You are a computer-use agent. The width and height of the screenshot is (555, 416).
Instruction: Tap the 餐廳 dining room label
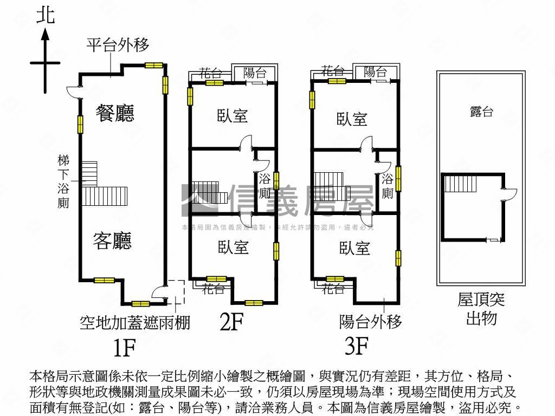[x=114, y=113]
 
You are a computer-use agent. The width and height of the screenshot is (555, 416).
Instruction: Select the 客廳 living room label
[x=112, y=240]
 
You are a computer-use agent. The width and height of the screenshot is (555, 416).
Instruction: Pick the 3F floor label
[x=356, y=345]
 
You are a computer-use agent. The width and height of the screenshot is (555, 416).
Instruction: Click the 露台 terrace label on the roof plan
[x=481, y=112]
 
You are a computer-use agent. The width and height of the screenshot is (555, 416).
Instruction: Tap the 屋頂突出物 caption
[x=481, y=309]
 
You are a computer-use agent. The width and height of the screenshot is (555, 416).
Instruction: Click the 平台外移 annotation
[x=117, y=45]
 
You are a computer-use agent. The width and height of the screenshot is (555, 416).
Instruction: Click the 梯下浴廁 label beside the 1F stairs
[x=63, y=182]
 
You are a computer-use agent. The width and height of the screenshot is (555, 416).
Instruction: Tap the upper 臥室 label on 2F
[x=233, y=115]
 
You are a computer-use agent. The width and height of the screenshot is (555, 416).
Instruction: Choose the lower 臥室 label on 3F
[x=354, y=248]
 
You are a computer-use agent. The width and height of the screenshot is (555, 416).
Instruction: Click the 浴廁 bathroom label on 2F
[x=265, y=185]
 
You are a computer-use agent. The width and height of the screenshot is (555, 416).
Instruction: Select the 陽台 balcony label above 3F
[x=375, y=72]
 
